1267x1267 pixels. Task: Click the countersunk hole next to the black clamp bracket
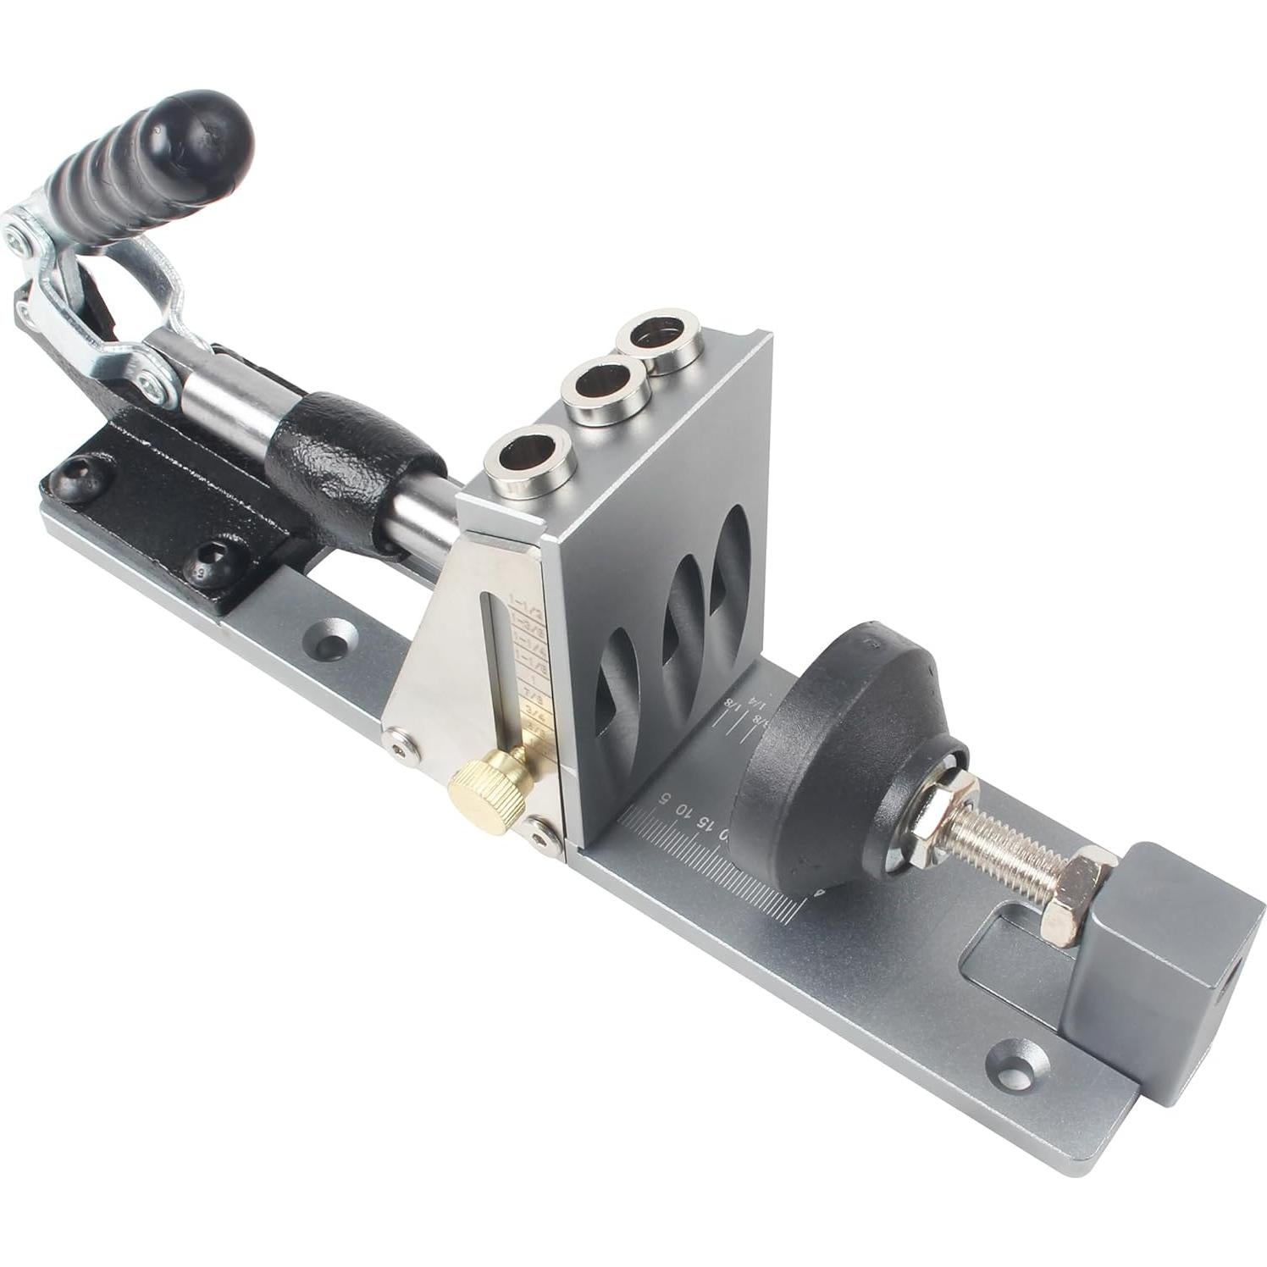[x=327, y=635]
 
